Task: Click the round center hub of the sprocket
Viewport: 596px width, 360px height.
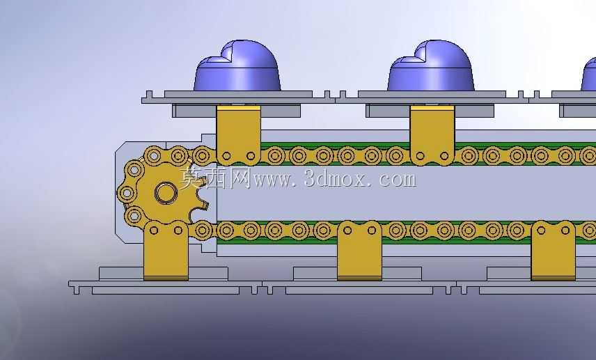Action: coord(166,193)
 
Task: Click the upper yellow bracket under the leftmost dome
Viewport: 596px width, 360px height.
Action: coord(238,135)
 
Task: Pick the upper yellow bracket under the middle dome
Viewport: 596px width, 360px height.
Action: coord(432,135)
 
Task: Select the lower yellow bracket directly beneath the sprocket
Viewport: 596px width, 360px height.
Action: coord(166,251)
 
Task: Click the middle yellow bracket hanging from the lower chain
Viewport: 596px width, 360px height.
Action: coord(359,251)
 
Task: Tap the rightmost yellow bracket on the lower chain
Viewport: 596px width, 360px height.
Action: coord(553,251)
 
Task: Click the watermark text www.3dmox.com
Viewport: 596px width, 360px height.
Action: coord(335,179)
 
